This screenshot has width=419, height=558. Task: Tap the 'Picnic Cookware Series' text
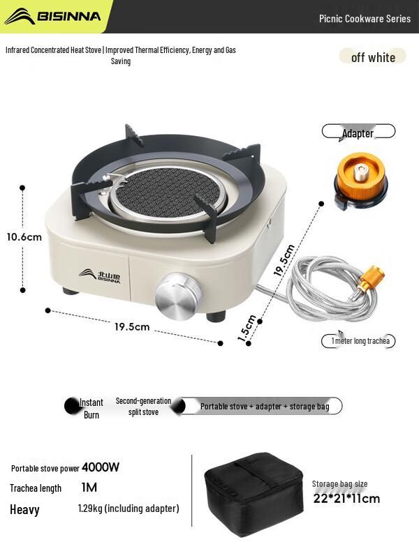[x=365, y=19]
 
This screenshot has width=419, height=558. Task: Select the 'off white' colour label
[x=373, y=57]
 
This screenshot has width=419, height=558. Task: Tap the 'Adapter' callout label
[x=358, y=133]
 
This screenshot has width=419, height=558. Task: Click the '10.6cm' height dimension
[x=24, y=236]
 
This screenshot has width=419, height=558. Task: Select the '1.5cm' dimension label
[x=247, y=328]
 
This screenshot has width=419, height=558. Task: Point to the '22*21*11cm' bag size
[x=346, y=498]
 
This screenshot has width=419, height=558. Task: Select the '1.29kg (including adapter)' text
[x=128, y=508]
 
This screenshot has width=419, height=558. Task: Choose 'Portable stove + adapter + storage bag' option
[x=264, y=406]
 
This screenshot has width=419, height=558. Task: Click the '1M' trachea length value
[x=89, y=488]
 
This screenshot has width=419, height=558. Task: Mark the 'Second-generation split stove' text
[x=143, y=407]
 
